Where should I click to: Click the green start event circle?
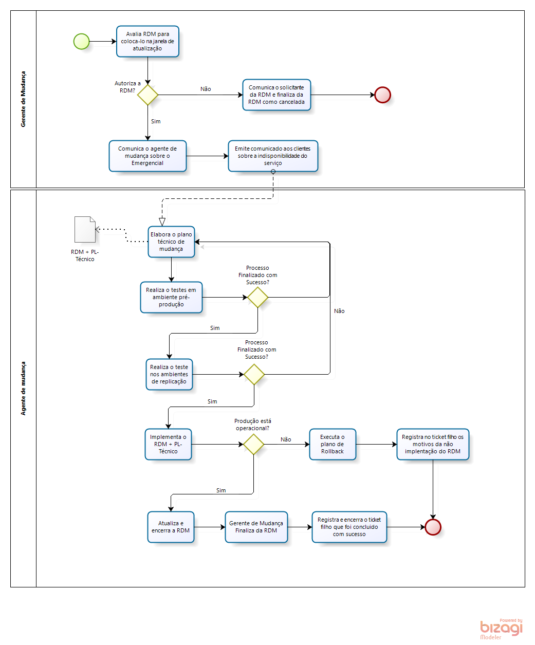tap(81, 41)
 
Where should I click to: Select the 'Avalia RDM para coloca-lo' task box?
tap(147, 41)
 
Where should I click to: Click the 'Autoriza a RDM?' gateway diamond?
tap(147, 95)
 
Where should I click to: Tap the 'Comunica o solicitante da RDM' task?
tap(276, 95)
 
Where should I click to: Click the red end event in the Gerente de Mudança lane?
tap(382, 95)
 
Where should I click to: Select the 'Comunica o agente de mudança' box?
tap(147, 156)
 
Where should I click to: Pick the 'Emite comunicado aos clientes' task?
tap(273, 156)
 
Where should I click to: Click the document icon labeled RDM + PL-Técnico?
tap(85, 229)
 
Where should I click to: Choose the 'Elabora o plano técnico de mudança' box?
tap(171, 242)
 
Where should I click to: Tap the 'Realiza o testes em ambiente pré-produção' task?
tap(171, 297)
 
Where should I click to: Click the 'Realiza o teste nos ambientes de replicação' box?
tap(169, 374)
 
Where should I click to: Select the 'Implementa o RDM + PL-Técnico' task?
tap(168, 444)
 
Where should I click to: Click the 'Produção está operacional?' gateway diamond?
tap(253, 444)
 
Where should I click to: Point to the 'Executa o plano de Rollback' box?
tap(333, 444)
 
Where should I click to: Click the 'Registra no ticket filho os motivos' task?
tap(433, 444)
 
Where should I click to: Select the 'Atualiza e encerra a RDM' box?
tap(171, 527)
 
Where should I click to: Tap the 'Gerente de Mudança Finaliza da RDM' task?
tap(256, 527)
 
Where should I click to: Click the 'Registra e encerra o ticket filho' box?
tap(349, 527)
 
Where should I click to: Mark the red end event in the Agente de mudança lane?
tap(433, 527)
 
